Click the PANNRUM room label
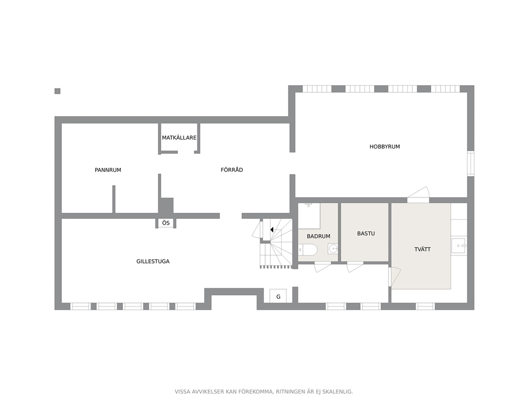(x=108, y=170)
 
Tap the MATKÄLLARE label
(x=179, y=137)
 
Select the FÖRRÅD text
(x=232, y=170)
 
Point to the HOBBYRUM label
(x=384, y=146)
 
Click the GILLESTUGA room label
(x=153, y=261)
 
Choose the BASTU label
(x=366, y=233)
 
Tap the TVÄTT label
(x=422, y=249)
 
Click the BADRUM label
(x=318, y=236)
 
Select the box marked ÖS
(x=166, y=223)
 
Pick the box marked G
(x=278, y=296)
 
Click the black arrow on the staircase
(x=272, y=229)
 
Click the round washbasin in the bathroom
(x=333, y=249)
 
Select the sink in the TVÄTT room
(x=459, y=245)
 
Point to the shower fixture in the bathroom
(x=309, y=204)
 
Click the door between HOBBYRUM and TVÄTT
(x=418, y=195)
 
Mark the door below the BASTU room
(x=355, y=267)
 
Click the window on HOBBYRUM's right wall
(x=471, y=163)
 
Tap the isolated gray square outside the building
(x=57, y=91)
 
